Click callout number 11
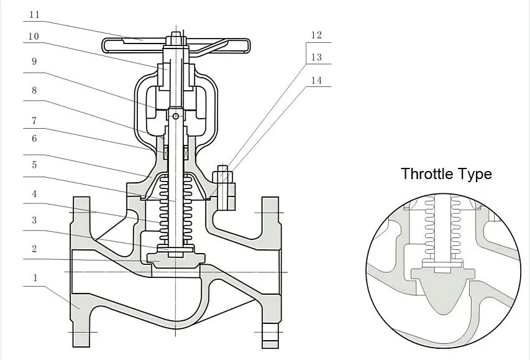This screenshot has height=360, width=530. point(35,14)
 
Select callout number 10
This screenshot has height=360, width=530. point(34,37)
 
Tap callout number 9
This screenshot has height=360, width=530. point(34,61)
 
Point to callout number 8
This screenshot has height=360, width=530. point(34,90)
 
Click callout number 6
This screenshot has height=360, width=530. point(34,139)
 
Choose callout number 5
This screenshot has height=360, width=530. point(34,165)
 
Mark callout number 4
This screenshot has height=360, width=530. point(35,195)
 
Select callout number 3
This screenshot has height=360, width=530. point(34,221)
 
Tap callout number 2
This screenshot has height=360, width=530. point(35,248)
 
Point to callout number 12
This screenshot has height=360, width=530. point(317,35)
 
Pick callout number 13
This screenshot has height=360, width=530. point(317,57)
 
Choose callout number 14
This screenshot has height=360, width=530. point(317,80)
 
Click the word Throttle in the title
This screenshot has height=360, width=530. point(427,173)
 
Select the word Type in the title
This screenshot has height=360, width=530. point(475,174)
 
